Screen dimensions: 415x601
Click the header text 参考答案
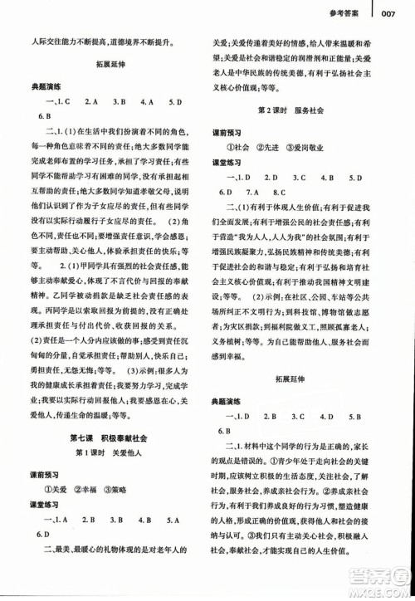[342, 12]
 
